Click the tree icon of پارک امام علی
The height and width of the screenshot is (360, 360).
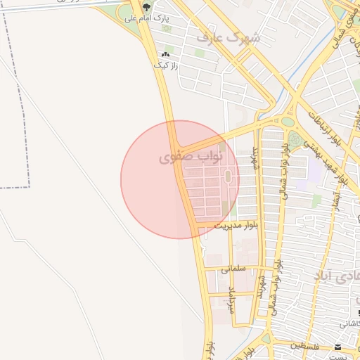pos(146,7)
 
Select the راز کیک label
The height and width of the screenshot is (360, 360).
pos(166,65)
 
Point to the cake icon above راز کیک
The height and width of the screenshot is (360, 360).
pos(166,54)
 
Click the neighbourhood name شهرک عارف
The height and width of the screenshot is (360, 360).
pos(229,37)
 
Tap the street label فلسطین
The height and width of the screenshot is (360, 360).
pos(307,346)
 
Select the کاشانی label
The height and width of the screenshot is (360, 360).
pos(350,324)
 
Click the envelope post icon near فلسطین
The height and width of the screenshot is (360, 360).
pos(338,347)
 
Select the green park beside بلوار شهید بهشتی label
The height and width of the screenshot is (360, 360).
pos(295,141)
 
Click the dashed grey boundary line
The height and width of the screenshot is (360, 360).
pos(30,105)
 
